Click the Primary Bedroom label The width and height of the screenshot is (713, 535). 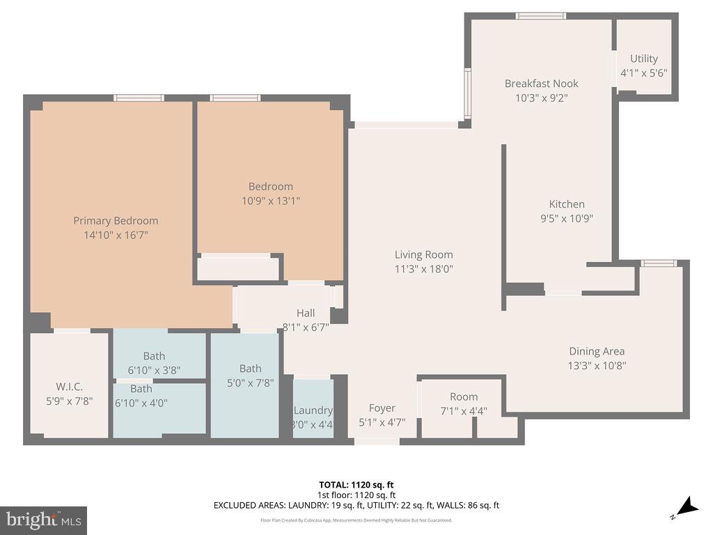[116, 221]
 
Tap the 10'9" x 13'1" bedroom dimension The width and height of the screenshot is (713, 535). [270, 201]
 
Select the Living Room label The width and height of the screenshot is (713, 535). [423, 255]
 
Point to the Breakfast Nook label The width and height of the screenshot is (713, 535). [541, 84]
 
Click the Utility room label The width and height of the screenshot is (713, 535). [643, 59]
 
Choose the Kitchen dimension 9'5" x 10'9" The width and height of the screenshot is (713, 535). [567, 219]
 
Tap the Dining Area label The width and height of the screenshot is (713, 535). [597, 352]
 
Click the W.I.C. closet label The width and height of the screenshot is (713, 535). [69, 387]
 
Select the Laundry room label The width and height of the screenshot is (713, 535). [313, 410]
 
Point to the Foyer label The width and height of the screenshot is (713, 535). [382, 408]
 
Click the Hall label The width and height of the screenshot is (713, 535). [306, 313]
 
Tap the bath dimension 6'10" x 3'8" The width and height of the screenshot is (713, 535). [155, 371]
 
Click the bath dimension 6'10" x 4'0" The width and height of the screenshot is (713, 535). [141, 403]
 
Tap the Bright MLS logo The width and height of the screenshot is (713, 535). [43, 520]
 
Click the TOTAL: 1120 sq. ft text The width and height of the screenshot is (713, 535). [356, 485]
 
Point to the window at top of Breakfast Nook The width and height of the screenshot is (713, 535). [540, 16]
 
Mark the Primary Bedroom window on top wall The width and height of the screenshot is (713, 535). [139, 98]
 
